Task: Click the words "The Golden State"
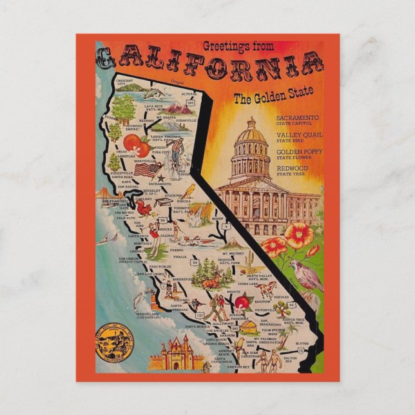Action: pos(273,97)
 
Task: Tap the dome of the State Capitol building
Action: pos(250,134)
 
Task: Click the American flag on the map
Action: pos(148,169)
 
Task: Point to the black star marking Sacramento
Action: pos(160,178)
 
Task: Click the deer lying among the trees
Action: pos(208,282)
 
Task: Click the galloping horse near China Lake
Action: pos(266,288)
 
